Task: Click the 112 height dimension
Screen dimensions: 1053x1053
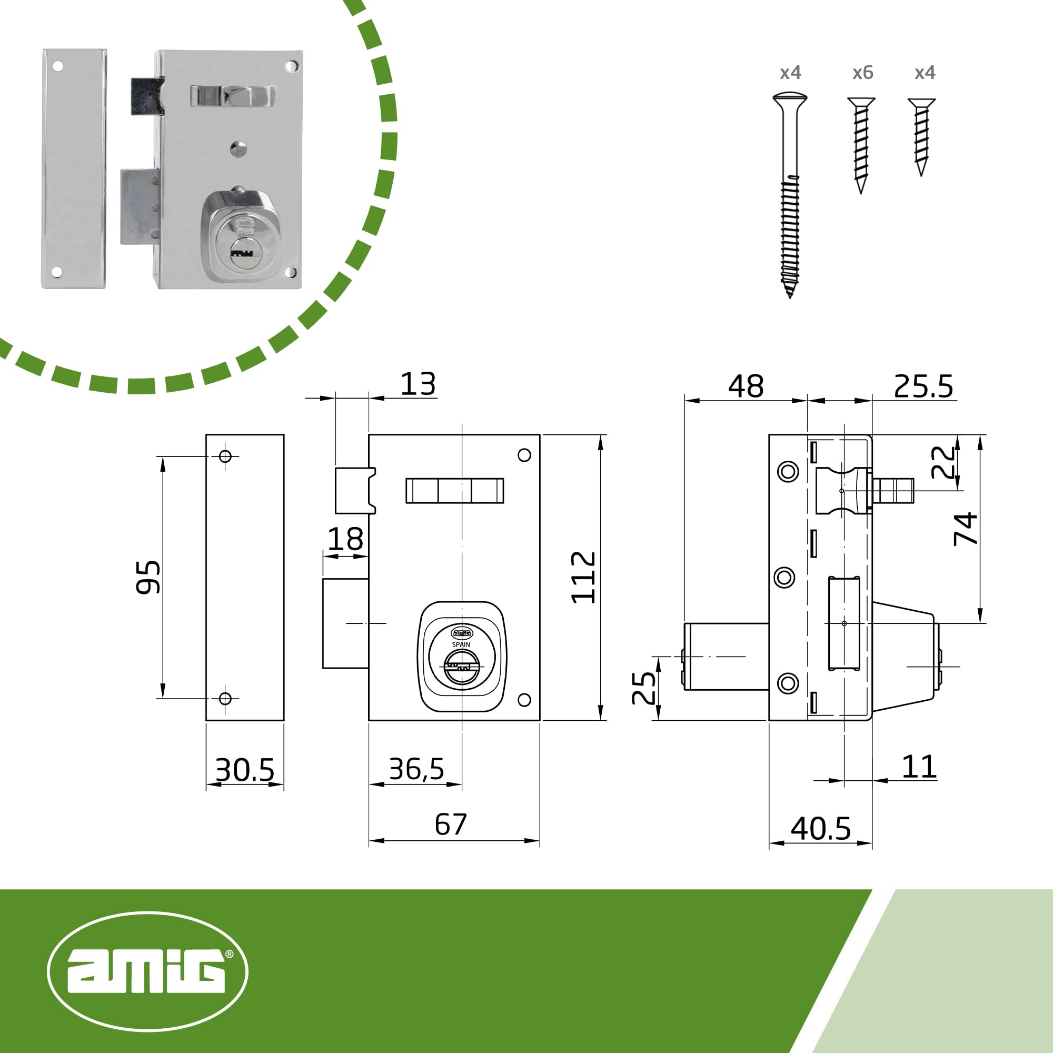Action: pos(583,577)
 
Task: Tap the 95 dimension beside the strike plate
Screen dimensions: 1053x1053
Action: pos(148,577)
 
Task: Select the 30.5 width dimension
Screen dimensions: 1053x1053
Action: pos(245,770)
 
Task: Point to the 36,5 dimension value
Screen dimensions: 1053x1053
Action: pos(416,769)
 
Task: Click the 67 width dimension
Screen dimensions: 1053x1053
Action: pos(451,824)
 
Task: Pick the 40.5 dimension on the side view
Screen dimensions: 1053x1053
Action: pos(821,828)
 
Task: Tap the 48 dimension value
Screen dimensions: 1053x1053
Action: pos(746,386)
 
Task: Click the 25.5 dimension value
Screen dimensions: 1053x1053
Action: pos(924,386)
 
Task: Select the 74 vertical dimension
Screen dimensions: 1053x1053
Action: pos(965,529)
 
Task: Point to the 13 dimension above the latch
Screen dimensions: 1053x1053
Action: pos(418,384)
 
